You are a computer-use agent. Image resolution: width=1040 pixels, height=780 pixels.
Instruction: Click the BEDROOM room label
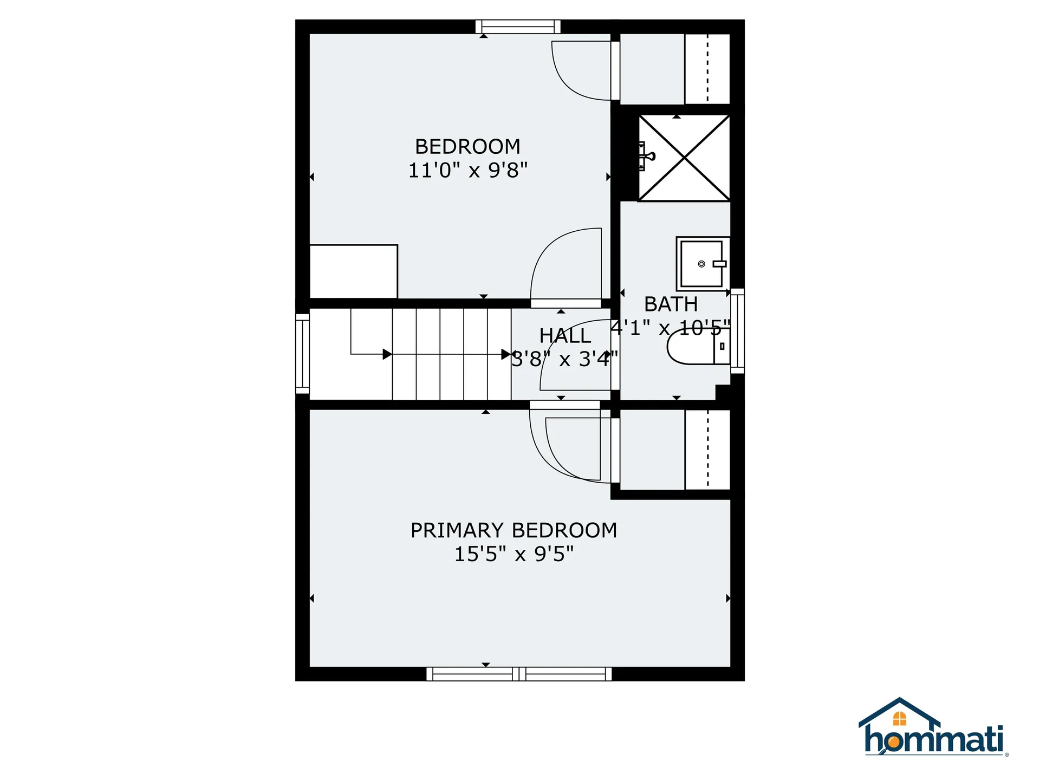(x=467, y=147)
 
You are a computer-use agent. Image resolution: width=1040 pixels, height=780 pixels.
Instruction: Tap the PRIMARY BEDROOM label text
(x=513, y=530)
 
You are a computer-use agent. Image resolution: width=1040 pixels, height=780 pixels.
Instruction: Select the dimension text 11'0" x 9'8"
(x=467, y=171)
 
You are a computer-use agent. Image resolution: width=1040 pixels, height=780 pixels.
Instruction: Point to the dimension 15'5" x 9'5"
(x=513, y=554)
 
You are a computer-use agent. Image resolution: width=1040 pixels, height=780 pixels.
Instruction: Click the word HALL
(x=565, y=336)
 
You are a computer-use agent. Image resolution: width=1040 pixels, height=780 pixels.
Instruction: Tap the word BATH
(x=671, y=304)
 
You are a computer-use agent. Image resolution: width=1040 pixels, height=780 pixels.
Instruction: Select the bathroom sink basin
(x=701, y=264)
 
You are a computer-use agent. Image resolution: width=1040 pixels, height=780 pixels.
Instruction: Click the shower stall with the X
(x=685, y=158)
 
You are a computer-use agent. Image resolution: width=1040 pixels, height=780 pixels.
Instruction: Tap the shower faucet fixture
(x=646, y=156)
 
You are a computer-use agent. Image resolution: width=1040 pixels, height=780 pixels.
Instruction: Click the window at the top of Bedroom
(x=518, y=27)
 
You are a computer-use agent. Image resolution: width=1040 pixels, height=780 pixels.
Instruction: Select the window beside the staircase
(x=302, y=354)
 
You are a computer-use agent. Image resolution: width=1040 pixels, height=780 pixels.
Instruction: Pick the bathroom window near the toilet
(x=737, y=331)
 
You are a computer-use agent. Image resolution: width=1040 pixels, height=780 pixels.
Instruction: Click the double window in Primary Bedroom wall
(x=519, y=674)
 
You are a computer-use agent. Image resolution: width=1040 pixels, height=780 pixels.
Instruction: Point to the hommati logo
(x=933, y=729)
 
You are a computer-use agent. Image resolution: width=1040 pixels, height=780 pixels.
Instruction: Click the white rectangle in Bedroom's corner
(x=354, y=271)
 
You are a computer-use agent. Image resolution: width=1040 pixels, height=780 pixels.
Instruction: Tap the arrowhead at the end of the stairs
(x=506, y=354)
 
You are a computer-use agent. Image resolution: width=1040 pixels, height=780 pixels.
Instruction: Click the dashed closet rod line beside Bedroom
(x=707, y=68)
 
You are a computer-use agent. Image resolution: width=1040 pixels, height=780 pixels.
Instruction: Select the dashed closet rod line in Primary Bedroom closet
(x=707, y=450)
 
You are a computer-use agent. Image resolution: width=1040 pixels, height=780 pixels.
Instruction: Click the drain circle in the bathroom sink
(x=701, y=264)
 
